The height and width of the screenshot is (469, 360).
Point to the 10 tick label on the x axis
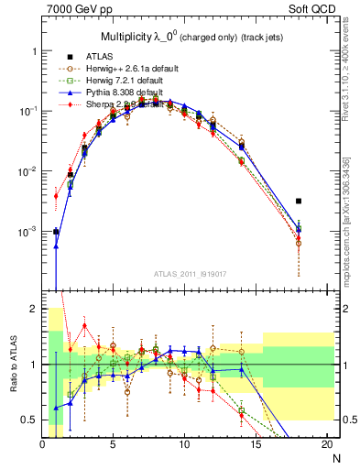click(184, 444)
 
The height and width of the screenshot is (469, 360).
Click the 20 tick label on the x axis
click(326, 444)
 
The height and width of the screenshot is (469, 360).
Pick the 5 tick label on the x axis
click(113, 444)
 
